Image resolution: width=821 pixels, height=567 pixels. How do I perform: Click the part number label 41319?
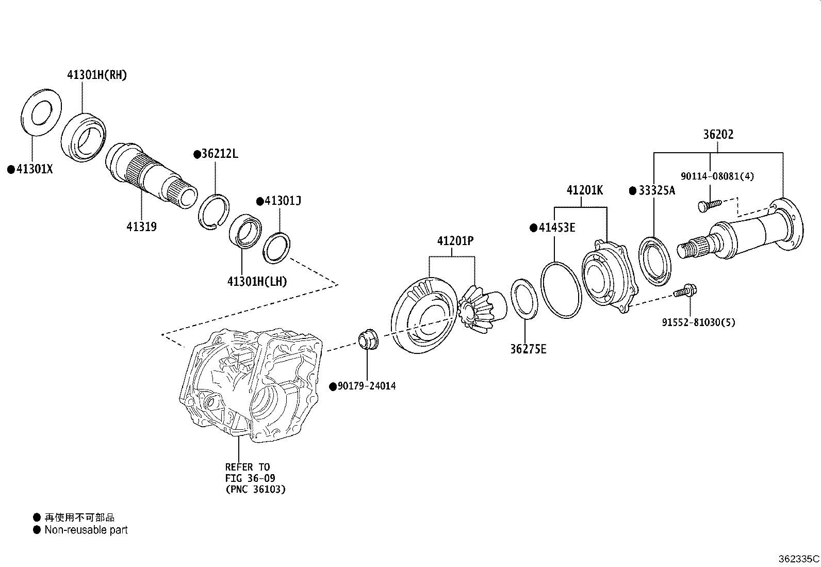(x=141, y=226)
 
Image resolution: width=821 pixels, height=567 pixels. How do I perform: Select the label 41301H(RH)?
(x=97, y=75)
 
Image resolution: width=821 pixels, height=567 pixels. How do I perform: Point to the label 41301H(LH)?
(x=257, y=281)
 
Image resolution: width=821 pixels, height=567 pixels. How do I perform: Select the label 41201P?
(x=455, y=240)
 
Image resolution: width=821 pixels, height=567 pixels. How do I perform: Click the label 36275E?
(x=528, y=349)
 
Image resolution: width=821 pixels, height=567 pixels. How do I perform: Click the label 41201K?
(x=584, y=190)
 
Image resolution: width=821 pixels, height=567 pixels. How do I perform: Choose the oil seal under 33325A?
(x=655, y=261)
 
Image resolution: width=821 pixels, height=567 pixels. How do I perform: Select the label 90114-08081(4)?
(x=717, y=176)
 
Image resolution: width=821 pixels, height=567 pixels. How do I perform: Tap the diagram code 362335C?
(x=798, y=559)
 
